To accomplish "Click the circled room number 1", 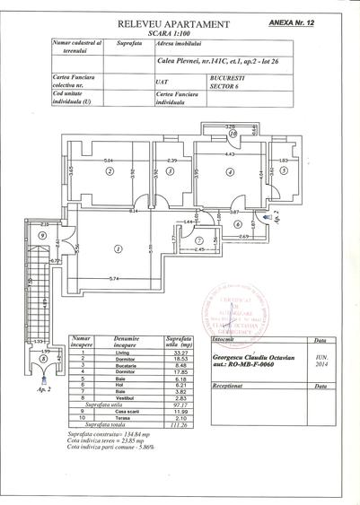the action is pyautogui.click(x=119, y=248).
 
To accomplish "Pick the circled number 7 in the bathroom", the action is pyautogui.click(x=199, y=240).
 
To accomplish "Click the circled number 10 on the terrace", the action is pyautogui.click(x=232, y=135).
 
